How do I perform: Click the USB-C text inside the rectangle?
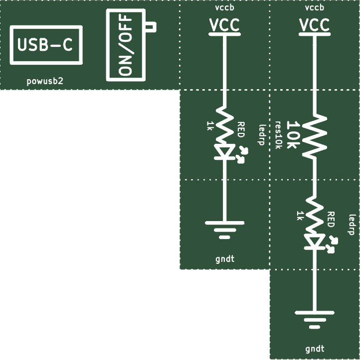point(45,44)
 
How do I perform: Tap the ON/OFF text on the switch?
point(126,45)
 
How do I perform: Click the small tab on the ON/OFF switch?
point(151,26)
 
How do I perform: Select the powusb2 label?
point(45,81)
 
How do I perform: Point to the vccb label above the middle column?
point(224,7)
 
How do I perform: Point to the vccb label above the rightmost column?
point(315,7)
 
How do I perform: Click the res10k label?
point(278,135)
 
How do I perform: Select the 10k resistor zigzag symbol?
point(315,137)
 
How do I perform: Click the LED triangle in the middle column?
point(224,151)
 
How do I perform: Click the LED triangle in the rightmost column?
point(315,241)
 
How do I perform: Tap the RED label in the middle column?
point(241,130)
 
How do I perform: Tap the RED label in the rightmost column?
point(331,220)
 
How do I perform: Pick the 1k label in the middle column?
point(209,126)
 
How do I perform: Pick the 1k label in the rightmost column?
point(299,216)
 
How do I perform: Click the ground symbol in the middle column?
point(224,230)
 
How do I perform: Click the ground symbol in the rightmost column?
point(315,319)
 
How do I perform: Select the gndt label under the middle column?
point(225,259)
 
